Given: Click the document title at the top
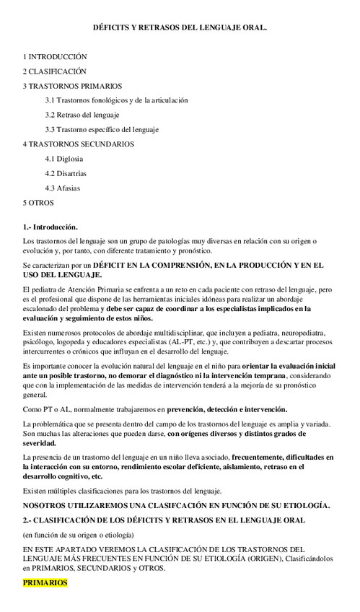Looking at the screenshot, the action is click(x=180, y=27).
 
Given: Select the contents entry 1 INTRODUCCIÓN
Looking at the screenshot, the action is click(x=55, y=56).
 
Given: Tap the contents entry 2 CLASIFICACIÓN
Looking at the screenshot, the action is click(x=54, y=71).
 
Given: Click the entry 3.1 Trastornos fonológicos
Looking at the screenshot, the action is click(x=116, y=100).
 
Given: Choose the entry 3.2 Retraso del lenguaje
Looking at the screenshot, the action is click(x=82, y=115).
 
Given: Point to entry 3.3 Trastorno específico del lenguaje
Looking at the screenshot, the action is click(x=102, y=130).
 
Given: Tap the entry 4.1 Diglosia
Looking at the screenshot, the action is click(x=63, y=159).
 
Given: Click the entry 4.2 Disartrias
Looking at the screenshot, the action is click(x=66, y=173).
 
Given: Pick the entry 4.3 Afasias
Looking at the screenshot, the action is click(x=62, y=188).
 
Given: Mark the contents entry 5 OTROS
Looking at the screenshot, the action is click(x=38, y=203).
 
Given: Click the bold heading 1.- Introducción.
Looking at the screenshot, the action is click(x=51, y=227).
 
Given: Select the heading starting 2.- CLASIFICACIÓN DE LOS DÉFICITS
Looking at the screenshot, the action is click(x=164, y=520).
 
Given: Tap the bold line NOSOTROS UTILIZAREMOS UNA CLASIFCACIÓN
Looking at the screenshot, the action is click(x=176, y=505).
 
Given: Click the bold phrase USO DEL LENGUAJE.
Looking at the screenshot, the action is click(x=63, y=275).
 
